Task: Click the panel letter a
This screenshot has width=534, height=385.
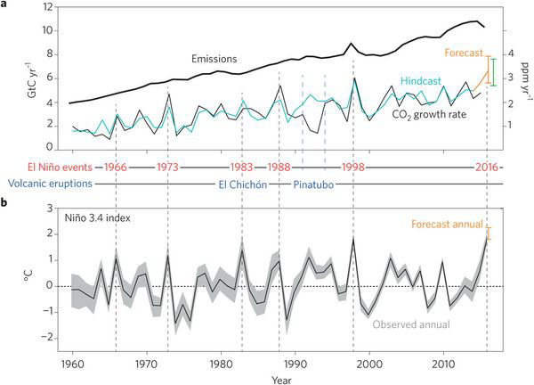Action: pyautogui.click(x=6, y=6)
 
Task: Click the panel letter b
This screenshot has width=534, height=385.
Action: pyautogui.click(x=6, y=203)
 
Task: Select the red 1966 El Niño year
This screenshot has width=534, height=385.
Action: pyautogui.click(x=116, y=167)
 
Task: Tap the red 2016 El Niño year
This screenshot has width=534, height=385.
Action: pyautogui.click(x=485, y=167)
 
